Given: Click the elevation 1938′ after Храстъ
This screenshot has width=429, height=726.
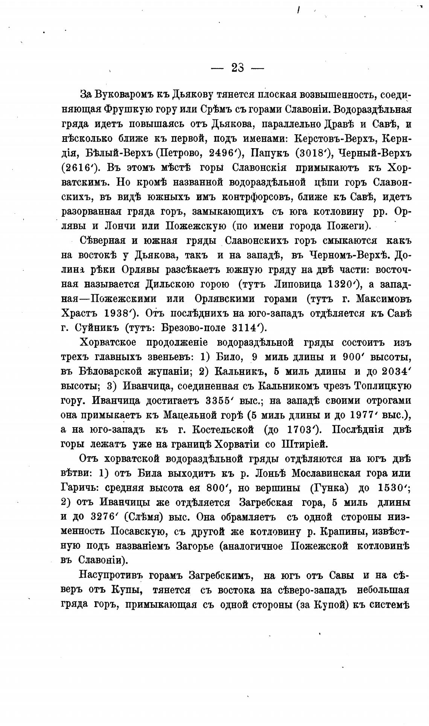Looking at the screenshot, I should pos(120,314).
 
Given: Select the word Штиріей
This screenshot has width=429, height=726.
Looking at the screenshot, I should pos(304,444).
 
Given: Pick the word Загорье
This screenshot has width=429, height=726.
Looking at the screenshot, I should pos(193,546).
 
